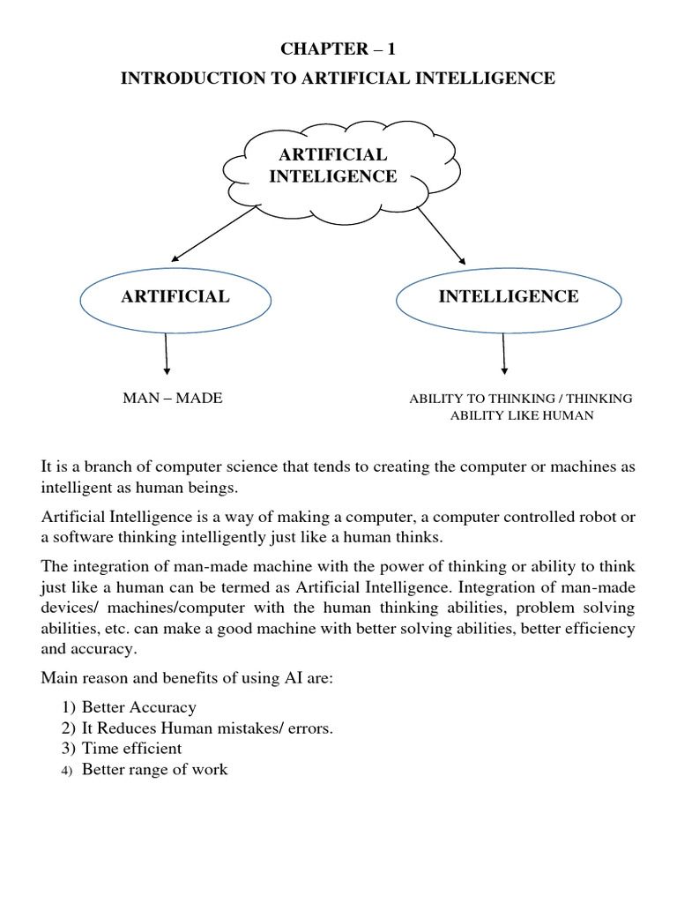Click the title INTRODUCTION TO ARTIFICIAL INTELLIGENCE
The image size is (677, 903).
[338, 78]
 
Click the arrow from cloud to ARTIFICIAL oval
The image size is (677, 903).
[214, 235]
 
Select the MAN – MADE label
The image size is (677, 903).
[173, 399]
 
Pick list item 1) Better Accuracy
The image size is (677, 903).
[138, 707]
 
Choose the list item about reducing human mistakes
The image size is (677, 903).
[207, 728]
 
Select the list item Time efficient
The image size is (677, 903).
[131, 749]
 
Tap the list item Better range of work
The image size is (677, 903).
[154, 770]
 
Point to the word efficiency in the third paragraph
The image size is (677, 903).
[603, 627]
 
